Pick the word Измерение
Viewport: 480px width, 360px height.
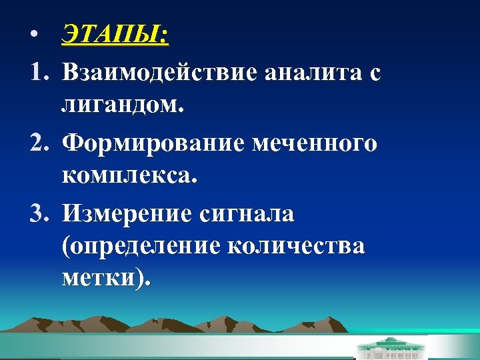click(127, 215)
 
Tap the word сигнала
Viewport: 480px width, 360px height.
click(246, 215)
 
